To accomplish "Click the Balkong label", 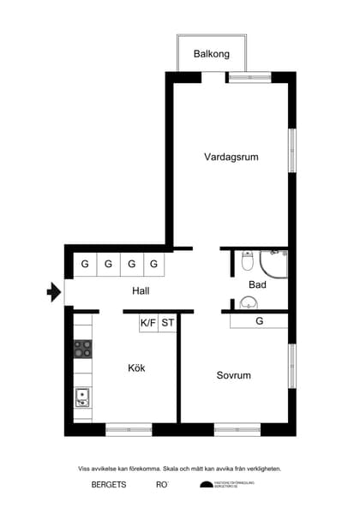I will tap(212, 54).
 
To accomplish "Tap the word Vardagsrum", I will tap(231, 157).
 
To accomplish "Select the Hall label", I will tap(141, 290).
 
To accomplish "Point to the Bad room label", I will tap(257, 284).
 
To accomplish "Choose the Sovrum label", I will tap(233, 375).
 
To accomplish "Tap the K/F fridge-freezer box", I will tap(148, 323).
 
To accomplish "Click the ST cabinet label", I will tap(168, 323).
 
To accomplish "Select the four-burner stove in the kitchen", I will tap(83, 349).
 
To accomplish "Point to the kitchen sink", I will tap(83, 397).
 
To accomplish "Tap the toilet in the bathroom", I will tap(247, 260).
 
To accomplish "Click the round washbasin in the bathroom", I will tap(248, 302).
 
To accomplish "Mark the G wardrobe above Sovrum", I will tap(259, 321).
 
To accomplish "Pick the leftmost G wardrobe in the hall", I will tap(85, 264).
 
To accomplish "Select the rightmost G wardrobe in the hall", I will tap(154, 264).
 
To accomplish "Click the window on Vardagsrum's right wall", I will tap(291, 150).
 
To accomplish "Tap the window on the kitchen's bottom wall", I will tap(129, 428).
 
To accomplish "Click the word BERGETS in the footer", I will tap(109, 485).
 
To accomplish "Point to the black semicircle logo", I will tap(207, 485).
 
